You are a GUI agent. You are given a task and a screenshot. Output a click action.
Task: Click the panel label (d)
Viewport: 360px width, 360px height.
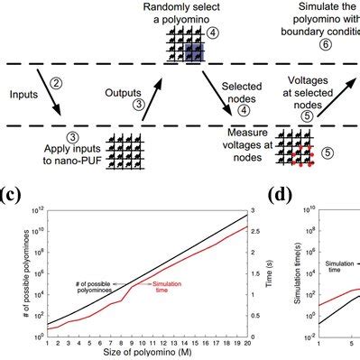(x=282, y=192)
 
